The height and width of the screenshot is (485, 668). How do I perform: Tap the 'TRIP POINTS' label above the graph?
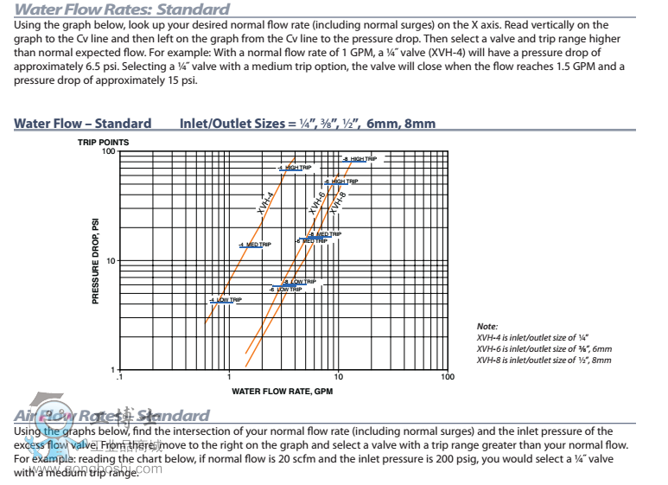(104, 142)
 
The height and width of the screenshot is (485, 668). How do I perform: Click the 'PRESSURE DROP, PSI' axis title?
(96, 258)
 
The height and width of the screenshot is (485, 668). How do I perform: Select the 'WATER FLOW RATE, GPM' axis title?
(282, 391)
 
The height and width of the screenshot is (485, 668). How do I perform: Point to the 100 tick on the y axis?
(108, 151)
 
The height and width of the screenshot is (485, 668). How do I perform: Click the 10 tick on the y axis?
(110, 260)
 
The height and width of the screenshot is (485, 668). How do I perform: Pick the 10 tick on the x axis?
(338, 377)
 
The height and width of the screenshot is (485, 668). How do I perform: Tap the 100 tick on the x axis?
(447, 377)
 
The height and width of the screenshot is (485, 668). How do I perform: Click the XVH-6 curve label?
(317, 204)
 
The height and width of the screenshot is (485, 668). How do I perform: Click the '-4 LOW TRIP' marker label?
(225, 300)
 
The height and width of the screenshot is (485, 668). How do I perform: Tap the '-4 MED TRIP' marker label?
(255, 245)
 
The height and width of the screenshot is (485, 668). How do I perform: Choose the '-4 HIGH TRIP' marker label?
(296, 168)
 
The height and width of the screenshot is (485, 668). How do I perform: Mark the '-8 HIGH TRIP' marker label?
(360, 159)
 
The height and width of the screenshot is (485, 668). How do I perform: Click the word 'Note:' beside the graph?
(487, 326)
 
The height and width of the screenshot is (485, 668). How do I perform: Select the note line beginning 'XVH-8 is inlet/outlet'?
(544, 360)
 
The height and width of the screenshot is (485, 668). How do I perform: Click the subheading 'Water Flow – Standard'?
(82, 123)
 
